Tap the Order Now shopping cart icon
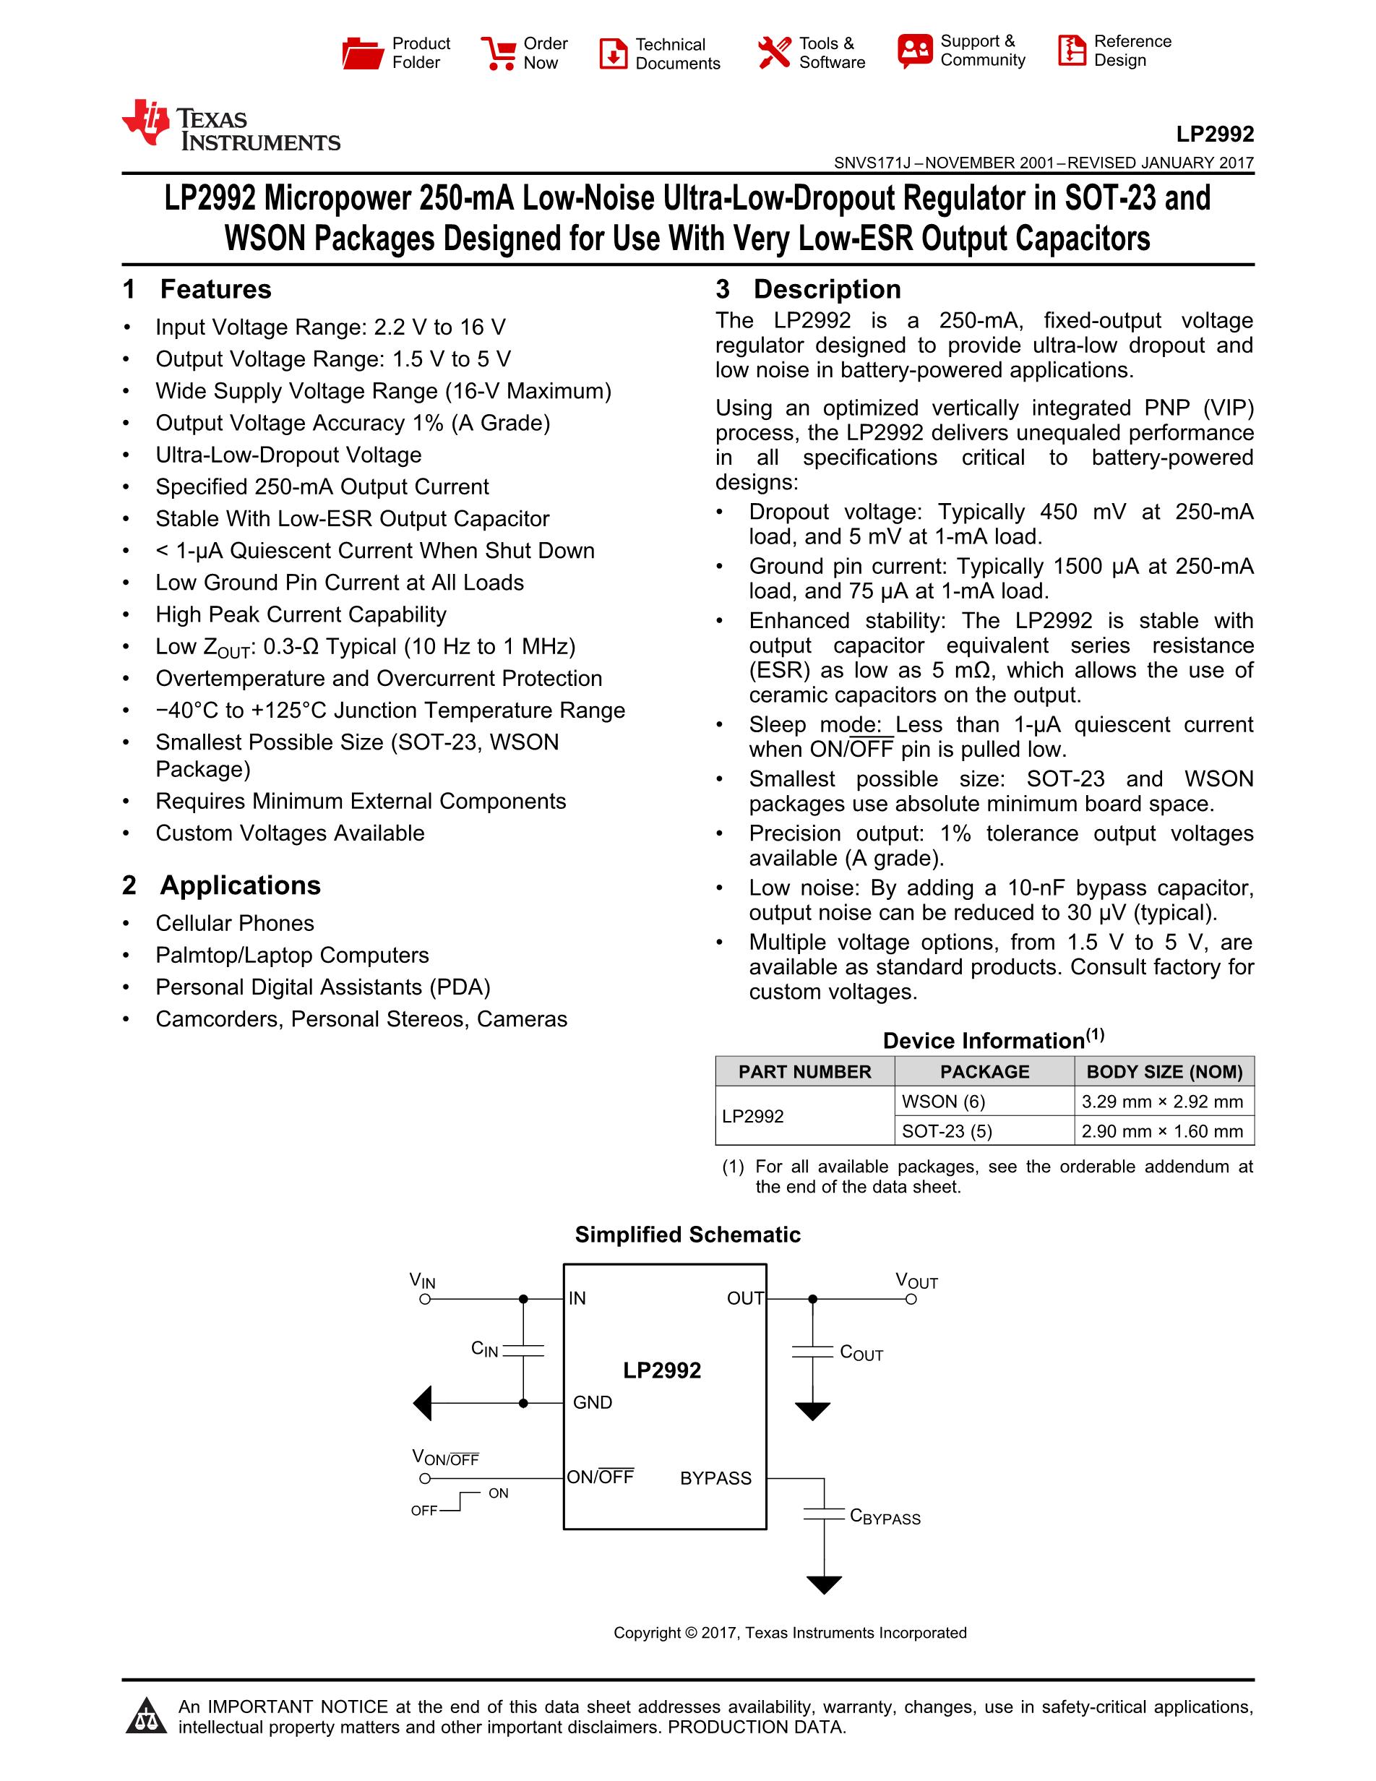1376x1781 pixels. tap(497, 53)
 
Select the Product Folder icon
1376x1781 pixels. tap(362, 53)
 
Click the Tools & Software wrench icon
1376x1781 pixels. tap(773, 53)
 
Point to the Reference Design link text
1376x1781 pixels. tap(1132, 51)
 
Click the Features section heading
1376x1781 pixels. tap(215, 290)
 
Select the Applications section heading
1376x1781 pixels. tap(240, 885)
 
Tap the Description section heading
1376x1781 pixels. tap(827, 290)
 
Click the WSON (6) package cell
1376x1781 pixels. tap(943, 1102)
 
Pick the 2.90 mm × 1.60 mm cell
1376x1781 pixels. tap(1161, 1131)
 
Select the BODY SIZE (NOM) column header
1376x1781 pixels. tap(1164, 1071)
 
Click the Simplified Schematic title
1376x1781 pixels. tap(687, 1235)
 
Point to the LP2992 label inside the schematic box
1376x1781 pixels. tap(662, 1370)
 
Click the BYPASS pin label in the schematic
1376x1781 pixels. tap(715, 1478)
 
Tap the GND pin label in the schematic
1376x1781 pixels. tap(593, 1403)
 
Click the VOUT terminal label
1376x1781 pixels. tap(916, 1281)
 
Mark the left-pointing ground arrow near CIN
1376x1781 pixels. tap(422, 1404)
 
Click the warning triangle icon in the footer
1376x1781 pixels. tap(147, 1716)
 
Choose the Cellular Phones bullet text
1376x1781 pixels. tap(235, 923)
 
